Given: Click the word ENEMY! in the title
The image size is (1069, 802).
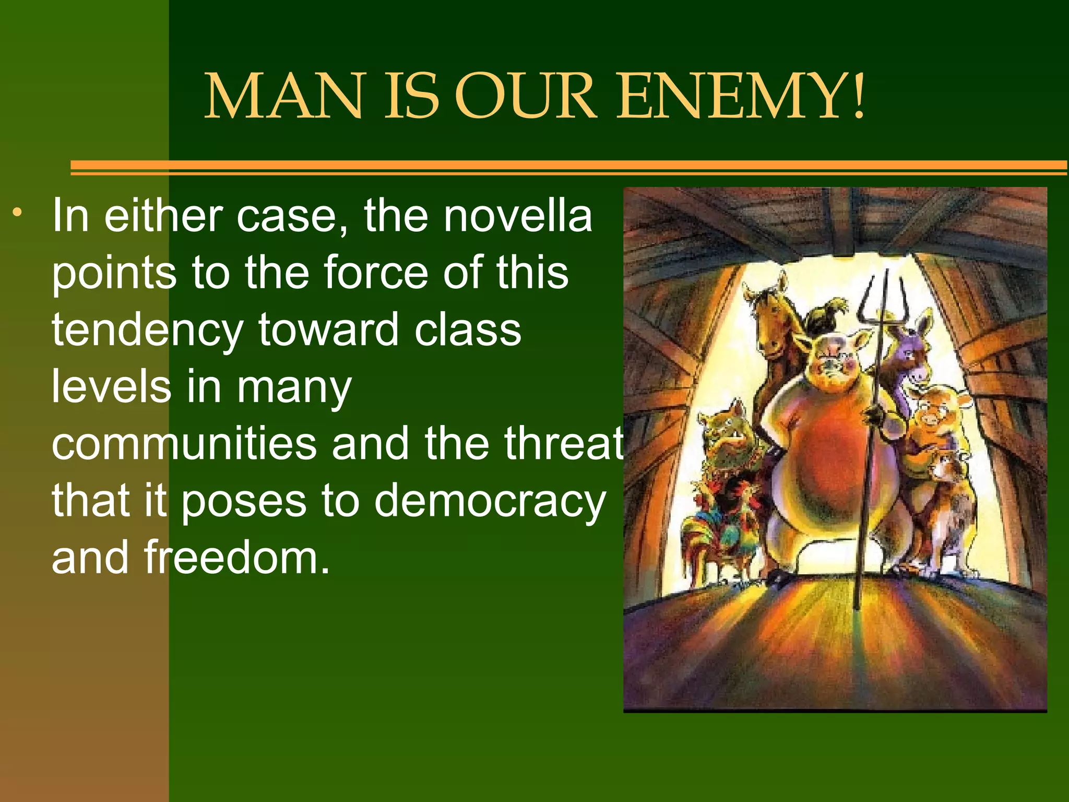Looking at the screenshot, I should pos(741,97).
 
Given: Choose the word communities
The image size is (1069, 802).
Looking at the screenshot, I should pos(184,443).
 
